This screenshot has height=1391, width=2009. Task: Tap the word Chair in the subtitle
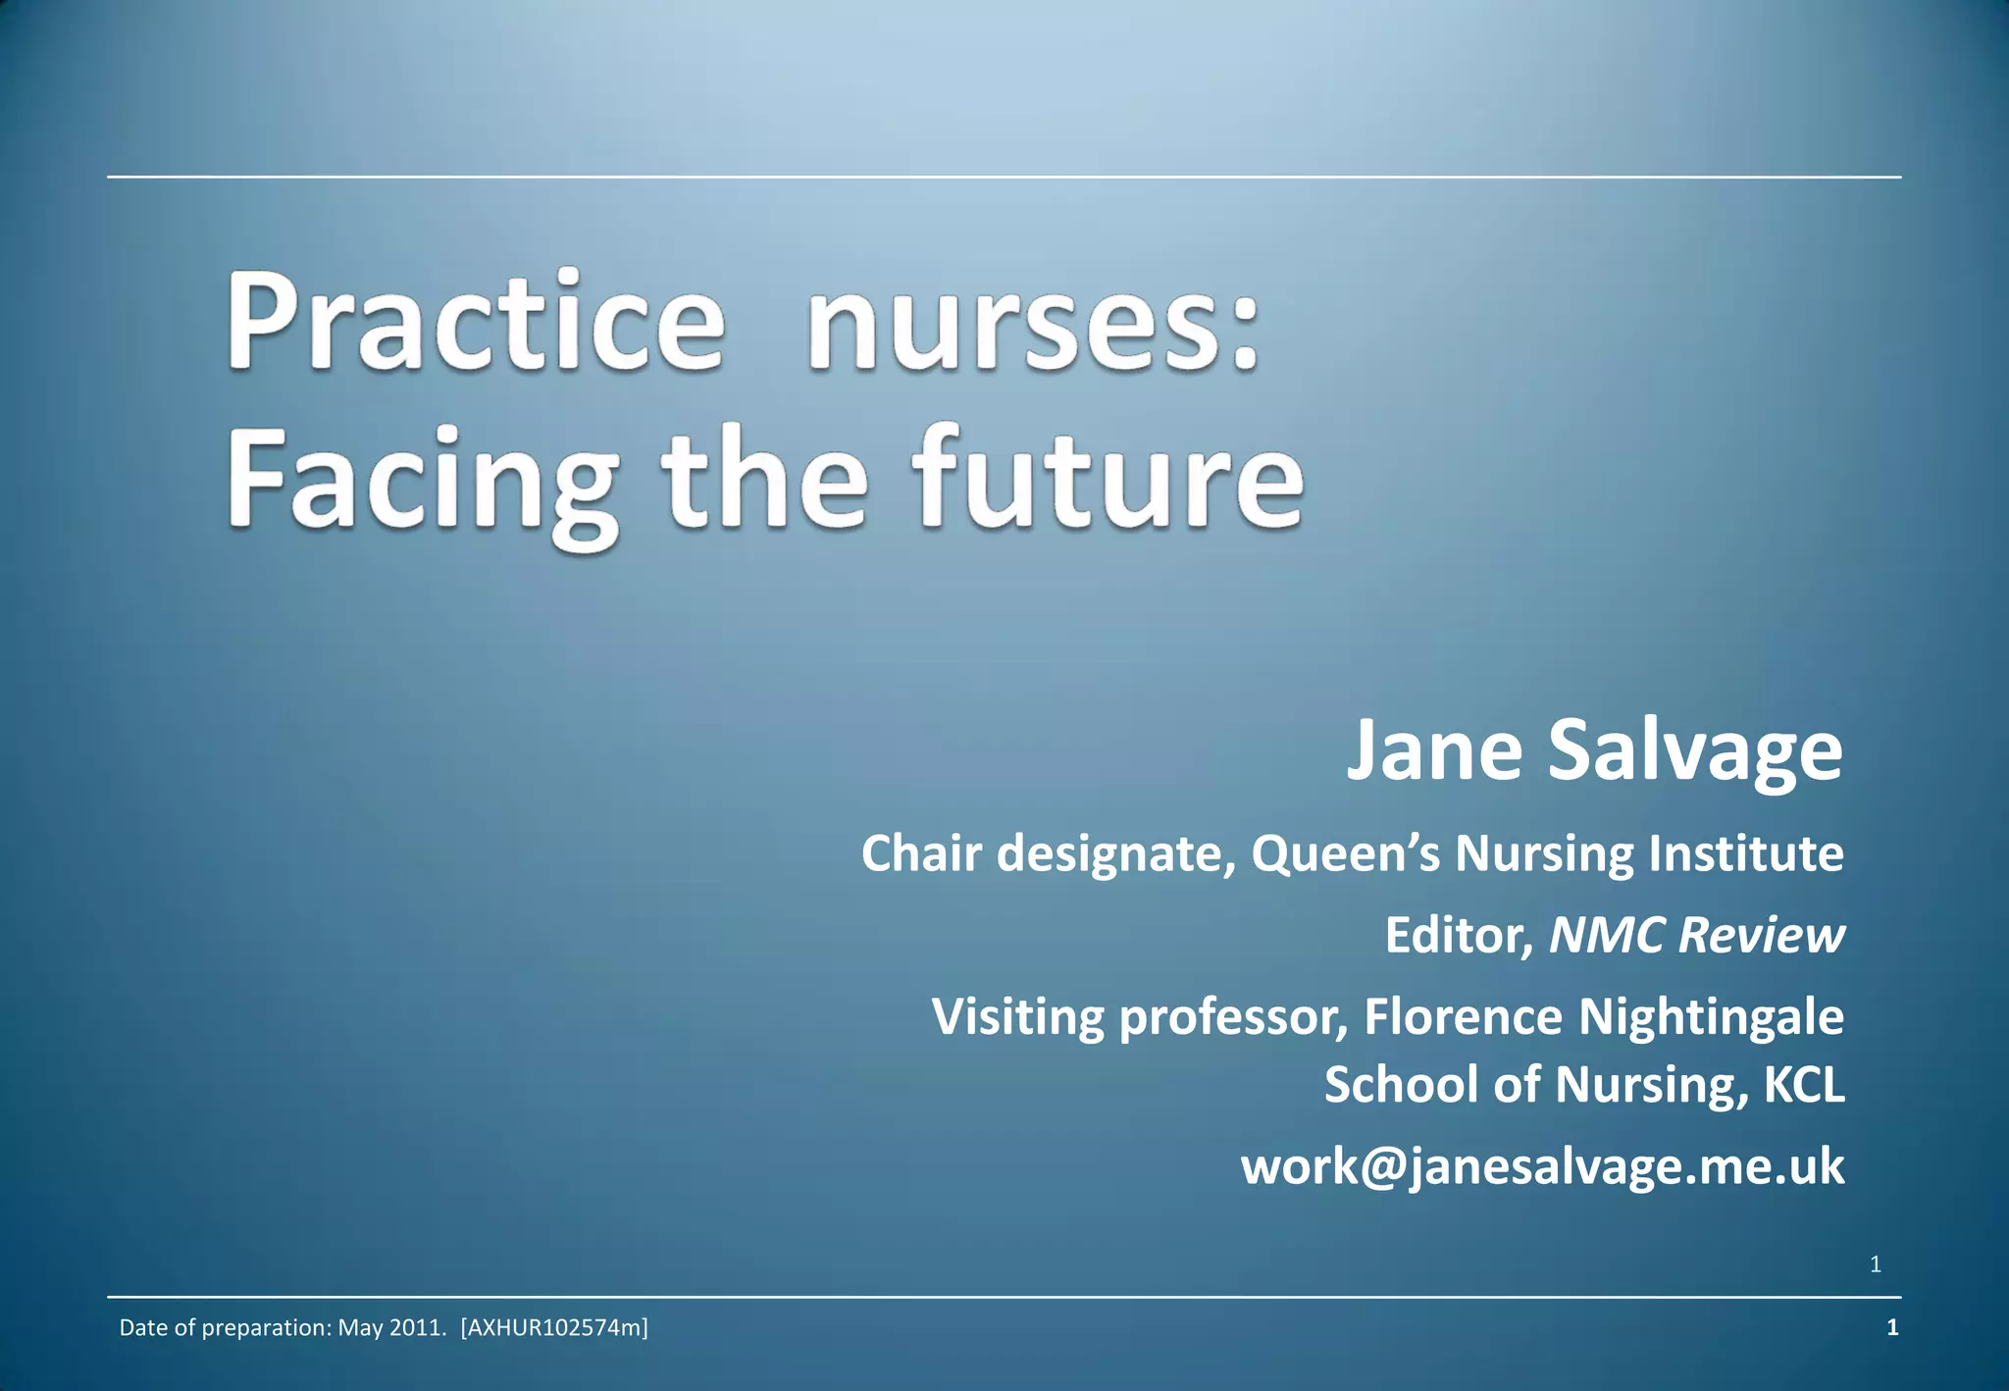coord(921,853)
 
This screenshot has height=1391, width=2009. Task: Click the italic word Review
coord(1762,935)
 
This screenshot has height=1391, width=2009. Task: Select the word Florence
coord(1463,1016)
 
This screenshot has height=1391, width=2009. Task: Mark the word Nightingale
coord(1711,1018)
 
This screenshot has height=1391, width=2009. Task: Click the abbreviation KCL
coord(1804,1085)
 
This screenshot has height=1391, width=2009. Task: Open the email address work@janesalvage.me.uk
coord(1542,1167)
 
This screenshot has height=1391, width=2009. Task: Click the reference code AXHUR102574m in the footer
coord(554,1328)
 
